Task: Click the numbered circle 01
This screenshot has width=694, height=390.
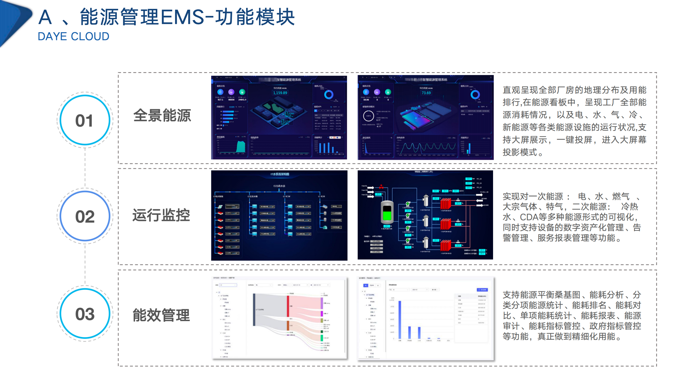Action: point(85,120)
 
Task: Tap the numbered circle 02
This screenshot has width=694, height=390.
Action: point(85,216)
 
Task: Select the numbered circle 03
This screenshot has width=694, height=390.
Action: point(85,314)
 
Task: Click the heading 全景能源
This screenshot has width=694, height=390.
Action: point(162,116)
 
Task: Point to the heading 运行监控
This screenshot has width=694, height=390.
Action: point(161,216)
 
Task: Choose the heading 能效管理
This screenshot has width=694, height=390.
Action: point(161,315)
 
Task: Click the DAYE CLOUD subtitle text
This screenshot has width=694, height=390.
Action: point(73,36)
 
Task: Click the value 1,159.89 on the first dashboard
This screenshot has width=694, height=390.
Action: point(280,93)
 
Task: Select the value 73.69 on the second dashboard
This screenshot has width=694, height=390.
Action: point(426,93)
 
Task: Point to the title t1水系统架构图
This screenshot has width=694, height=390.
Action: point(280,174)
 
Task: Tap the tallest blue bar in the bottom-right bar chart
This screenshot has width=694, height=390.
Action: point(400,320)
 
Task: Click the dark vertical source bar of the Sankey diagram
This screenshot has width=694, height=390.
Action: point(254,310)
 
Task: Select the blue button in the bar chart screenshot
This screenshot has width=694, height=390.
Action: point(482,290)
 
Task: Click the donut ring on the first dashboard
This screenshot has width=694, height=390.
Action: point(329,94)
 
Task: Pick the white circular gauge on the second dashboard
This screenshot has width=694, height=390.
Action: point(368,116)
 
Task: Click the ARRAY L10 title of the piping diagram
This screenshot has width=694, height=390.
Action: point(423,172)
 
